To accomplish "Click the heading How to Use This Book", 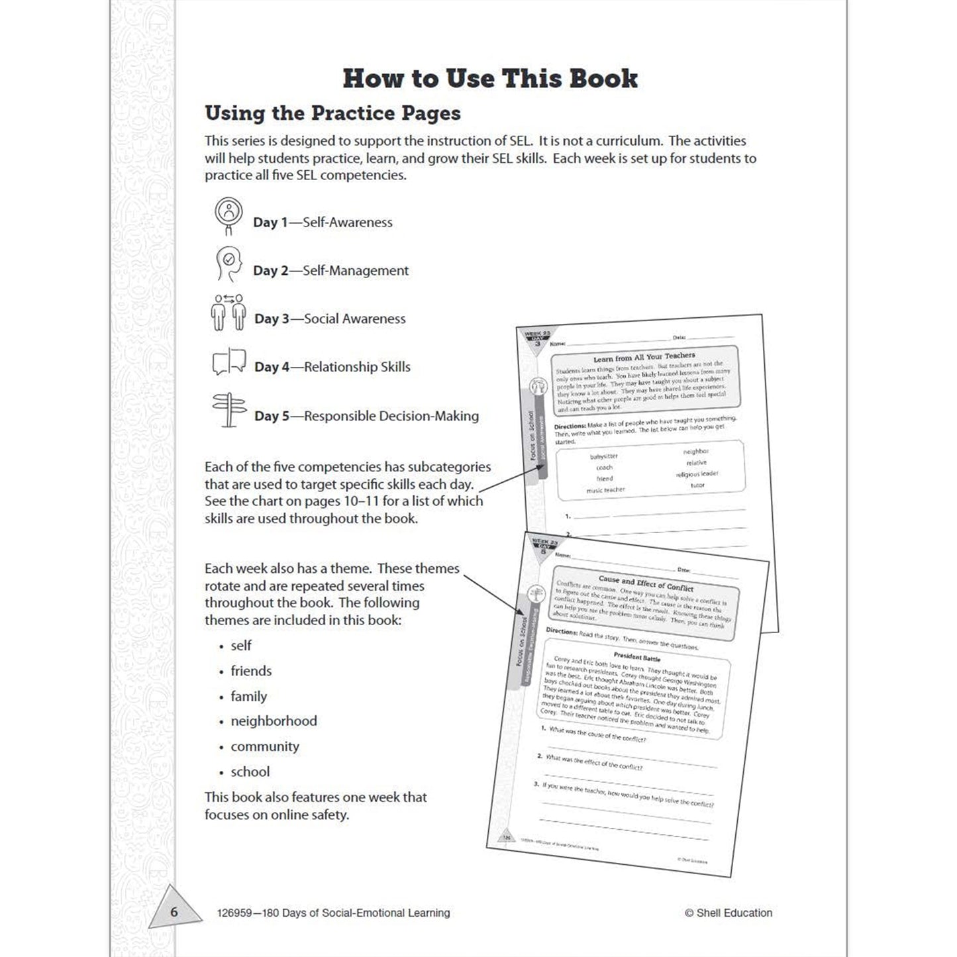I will coord(490,79).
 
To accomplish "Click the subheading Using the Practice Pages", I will coord(332,113).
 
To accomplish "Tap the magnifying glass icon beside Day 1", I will coord(228,215).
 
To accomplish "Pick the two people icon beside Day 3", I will coord(229,312).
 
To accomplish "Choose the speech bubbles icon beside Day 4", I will coord(229,362).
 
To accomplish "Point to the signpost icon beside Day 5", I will coord(228,410).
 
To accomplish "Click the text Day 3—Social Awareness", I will coord(330,319).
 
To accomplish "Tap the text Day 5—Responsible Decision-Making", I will coord(366,416).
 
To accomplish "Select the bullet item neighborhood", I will coord(274,721).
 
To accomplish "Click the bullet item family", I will coord(248,696).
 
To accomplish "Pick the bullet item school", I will coord(250,772).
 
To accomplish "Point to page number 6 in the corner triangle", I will coord(174,912).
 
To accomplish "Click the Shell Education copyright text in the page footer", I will coord(729,913).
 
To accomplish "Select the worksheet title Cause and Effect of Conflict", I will coord(646,583).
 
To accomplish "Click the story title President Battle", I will coord(636,658).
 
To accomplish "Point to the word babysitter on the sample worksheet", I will coord(603,456).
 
